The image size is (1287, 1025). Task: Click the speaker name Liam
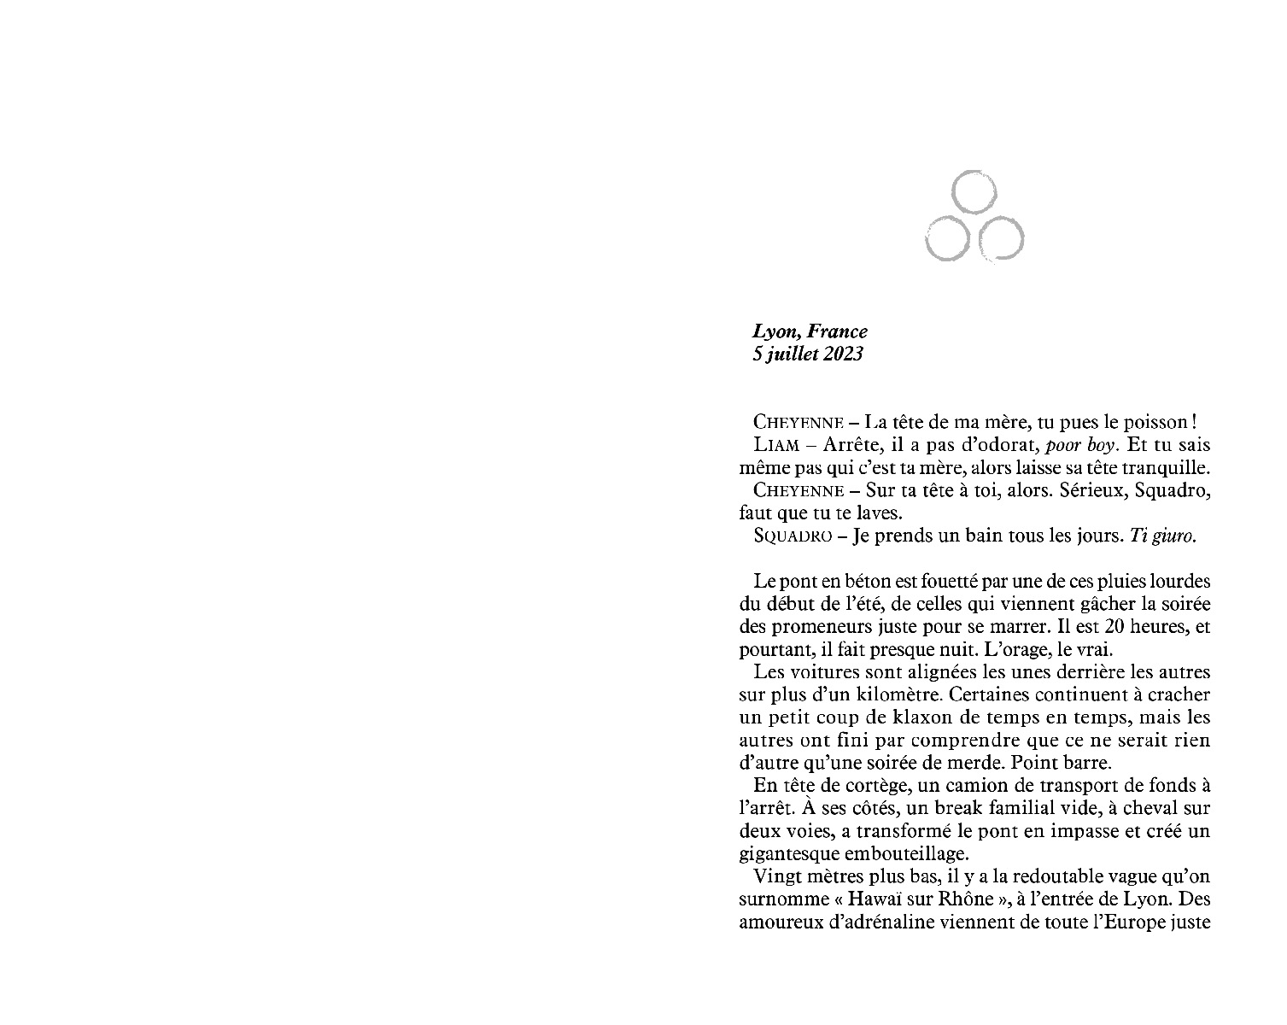(775, 445)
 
